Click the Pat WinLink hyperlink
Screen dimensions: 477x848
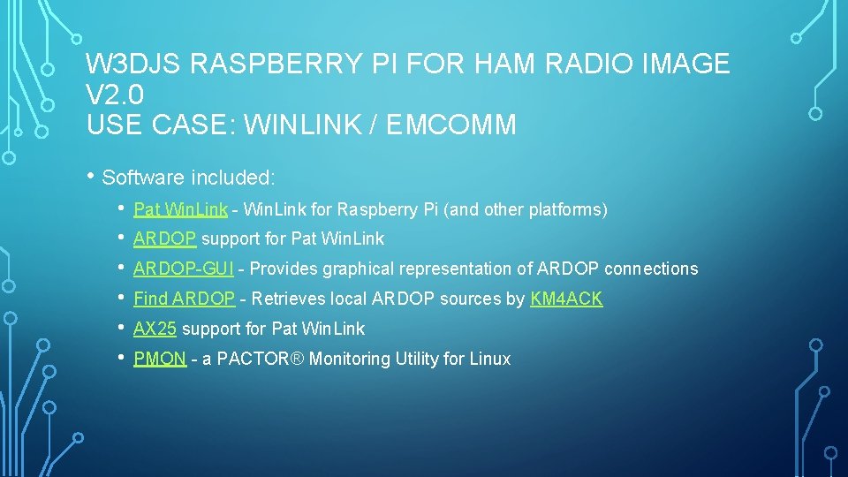180,210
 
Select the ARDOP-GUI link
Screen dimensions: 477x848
183,269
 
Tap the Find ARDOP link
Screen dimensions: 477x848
184,299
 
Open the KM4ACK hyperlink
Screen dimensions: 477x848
566,299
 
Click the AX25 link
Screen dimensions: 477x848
155,329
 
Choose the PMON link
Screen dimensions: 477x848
160,359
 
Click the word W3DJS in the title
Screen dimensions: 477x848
134,64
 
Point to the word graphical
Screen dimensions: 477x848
360,269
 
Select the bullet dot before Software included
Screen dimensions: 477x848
92,176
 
